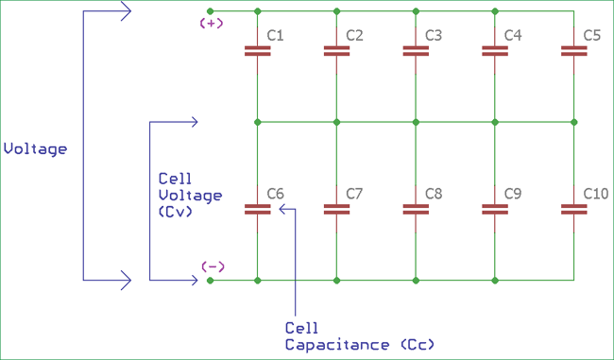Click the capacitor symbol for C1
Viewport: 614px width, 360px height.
[x=257, y=51]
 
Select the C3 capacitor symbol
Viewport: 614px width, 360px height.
[x=416, y=51]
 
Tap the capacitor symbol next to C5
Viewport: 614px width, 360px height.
[x=573, y=51]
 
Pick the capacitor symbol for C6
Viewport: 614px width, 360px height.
[x=257, y=209]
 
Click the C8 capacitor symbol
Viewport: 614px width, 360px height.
[x=416, y=209]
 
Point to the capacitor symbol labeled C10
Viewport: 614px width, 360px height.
[x=573, y=209]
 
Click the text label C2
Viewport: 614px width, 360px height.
[x=355, y=36]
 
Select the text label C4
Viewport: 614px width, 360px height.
[x=513, y=36]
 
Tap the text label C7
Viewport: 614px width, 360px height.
[x=355, y=194]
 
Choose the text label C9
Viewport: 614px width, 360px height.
[x=513, y=194]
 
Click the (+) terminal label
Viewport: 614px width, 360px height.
[x=212, y=24]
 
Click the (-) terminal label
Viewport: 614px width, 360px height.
[x=213, y=266]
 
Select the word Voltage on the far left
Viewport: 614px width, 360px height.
[x=36, y=149]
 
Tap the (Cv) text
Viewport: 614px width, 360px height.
[x=176, y=213]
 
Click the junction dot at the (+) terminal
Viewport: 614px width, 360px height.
[x=210, y=11]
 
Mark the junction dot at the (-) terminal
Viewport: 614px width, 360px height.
[x=210, y=280]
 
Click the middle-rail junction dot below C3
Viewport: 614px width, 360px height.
[x=416, y=122]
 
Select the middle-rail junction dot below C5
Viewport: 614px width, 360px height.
[x=573, y=122]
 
